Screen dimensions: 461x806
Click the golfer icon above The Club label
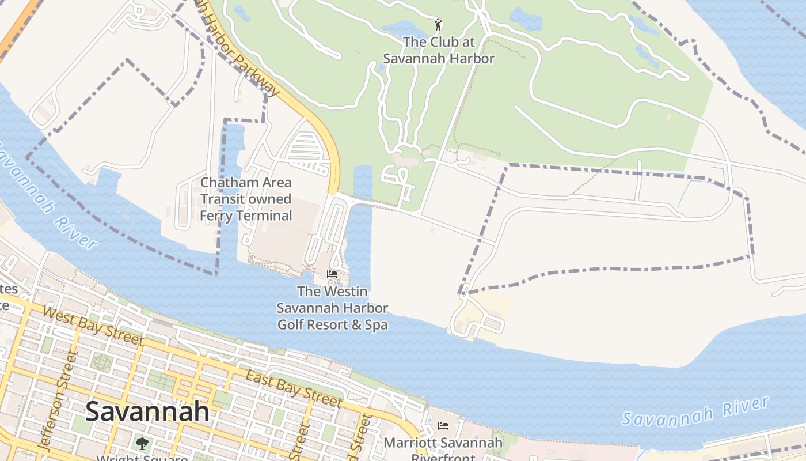439,25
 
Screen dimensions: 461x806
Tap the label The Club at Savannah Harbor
439,50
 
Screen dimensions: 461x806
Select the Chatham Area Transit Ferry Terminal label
246,199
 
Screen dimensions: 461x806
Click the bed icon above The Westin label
332,274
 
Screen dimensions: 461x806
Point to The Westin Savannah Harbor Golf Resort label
332,308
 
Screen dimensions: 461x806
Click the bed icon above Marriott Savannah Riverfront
443,426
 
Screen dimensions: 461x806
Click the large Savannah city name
147,411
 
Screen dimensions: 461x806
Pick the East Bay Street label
294,389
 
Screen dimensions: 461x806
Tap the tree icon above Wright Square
142,443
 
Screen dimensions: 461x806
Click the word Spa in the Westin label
376,325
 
